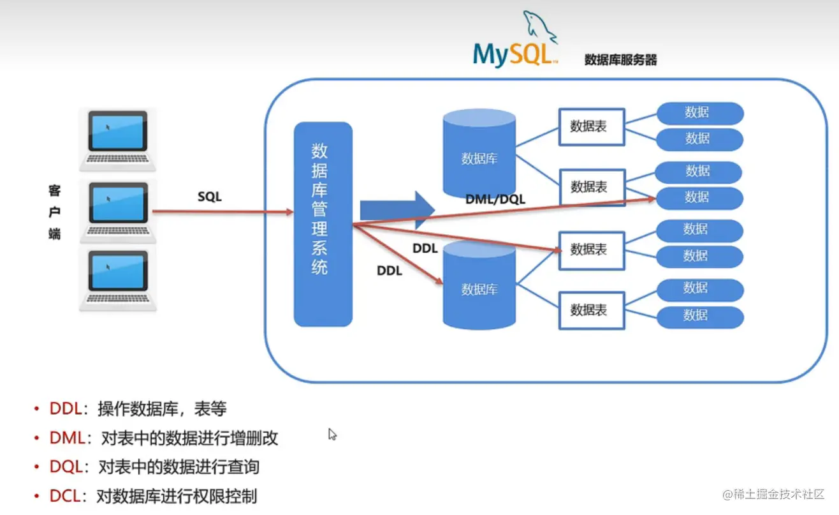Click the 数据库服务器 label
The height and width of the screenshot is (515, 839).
click(x=620, y=61)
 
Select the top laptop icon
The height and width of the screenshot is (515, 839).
click(x=118, y=138)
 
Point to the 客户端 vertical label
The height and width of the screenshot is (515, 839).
click(x=55, y=213)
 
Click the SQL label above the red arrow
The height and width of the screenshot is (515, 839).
click(x=209, y=197)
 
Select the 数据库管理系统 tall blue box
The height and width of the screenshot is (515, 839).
click(x=323, y=224)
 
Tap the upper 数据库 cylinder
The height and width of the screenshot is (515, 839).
click(x=479, y=153)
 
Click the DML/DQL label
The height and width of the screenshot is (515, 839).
click(x=495, y=200)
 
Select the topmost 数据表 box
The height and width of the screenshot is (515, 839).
click(x=591, y=126)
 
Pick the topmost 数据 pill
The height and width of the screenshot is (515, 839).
click(x=699, y=113)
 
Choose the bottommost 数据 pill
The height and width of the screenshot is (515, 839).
click(x=699, y=316)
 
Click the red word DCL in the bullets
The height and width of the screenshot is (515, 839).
click(x=66, y=496)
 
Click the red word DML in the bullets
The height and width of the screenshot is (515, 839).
click(x=66, y=438)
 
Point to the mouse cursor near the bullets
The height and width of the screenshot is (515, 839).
click(x=332, y=435)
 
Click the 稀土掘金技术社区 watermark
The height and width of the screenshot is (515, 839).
click(x=774, y=495)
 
